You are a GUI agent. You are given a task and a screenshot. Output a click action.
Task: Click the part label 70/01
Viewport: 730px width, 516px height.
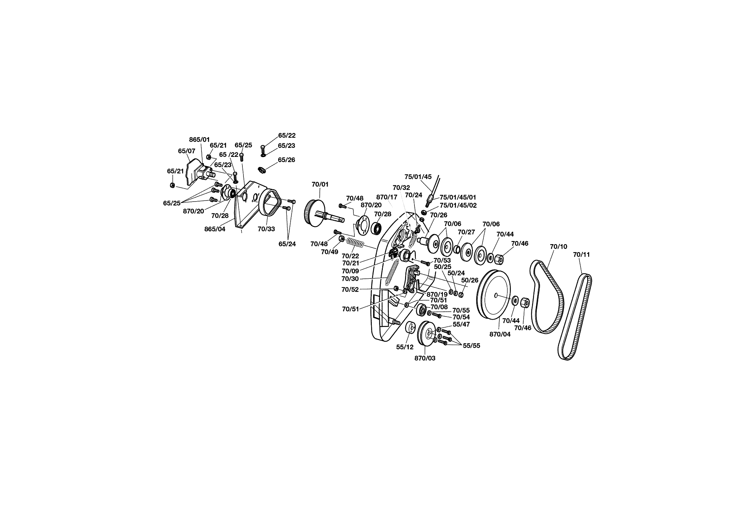pyautogui.click(x=320, y=184)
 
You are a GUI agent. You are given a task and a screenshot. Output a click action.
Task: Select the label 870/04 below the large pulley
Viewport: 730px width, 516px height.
pyautogui.click(x=500, y=335)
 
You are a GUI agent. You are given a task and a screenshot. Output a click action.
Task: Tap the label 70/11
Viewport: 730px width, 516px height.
pyautogui.click(x=581, y=255)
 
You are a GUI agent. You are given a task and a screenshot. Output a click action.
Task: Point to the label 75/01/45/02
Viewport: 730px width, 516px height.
pyautogui.click(x=458, y=205)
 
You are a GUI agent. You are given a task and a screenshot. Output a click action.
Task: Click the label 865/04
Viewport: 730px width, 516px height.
pyautogui.click(x=215, y=229)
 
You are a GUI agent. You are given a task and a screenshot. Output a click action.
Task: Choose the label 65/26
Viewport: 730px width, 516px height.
pyautogui.click(x=286, y=160)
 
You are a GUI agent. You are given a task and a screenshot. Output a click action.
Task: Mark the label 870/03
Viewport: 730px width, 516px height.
pyautogui.click(x=425, y=358)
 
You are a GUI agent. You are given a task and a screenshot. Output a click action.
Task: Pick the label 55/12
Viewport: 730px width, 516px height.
pyautogui.click(x=405, y=347)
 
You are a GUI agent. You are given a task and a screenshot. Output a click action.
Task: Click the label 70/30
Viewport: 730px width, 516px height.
pyautogui.click(x=350, y=279)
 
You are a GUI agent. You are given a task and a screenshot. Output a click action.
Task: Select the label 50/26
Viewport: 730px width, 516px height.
pyautogui.click(x=470, y=280)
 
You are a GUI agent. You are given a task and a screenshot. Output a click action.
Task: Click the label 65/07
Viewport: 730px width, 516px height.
pyautogui.click(x=187, y=151)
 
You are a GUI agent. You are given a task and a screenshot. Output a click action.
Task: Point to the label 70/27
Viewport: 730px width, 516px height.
pyautogui.click(x=466, y=232)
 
